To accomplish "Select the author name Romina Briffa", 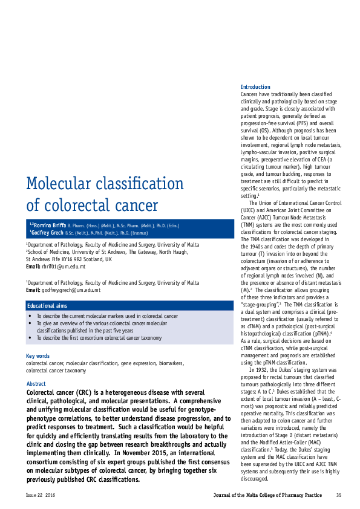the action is click(48, 225).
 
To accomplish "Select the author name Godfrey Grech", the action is click(48, 232).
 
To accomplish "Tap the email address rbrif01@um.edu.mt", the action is click(64, 267).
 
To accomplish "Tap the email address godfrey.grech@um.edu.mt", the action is click(71, 290).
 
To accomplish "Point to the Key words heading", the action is click(38, 356).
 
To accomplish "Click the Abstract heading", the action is click(36, 384).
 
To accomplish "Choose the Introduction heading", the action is click(255, 87).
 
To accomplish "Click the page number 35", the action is click(338, 495).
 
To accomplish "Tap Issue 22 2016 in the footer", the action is click(40, 495).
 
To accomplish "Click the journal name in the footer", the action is click(267, 495).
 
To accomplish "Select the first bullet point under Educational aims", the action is click(107, 316).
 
